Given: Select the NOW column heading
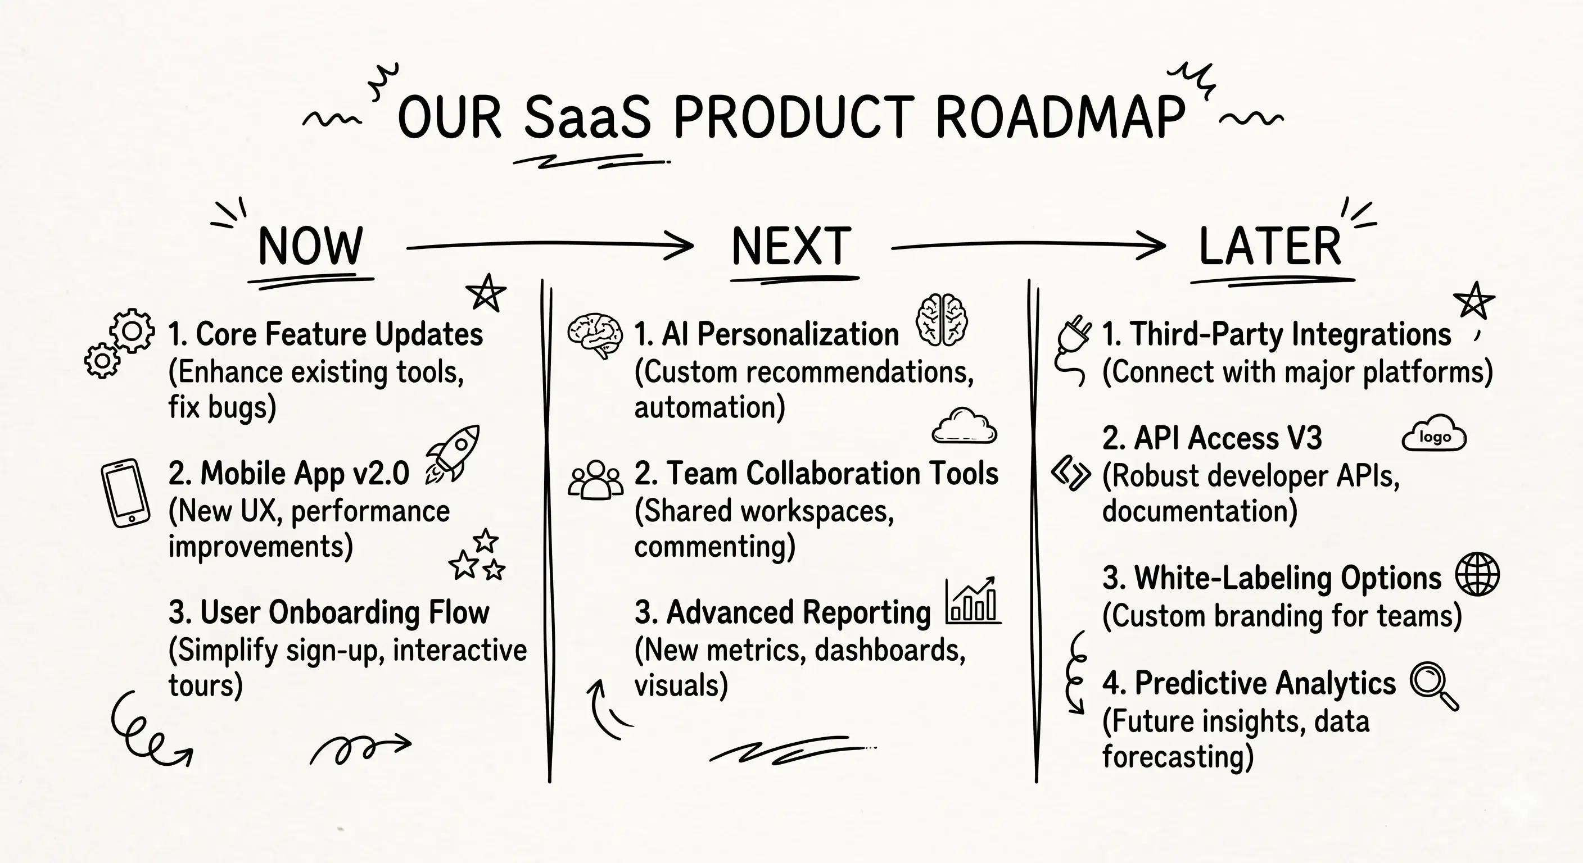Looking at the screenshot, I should coord(310,246).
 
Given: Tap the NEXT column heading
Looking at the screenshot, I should coord(791,246).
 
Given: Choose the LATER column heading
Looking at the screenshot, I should coord(1269,246).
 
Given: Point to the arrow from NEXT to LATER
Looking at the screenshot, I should coord(1028,246).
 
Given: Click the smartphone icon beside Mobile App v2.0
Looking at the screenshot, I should coord(125,493).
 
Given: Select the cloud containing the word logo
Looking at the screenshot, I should coord(1434,435).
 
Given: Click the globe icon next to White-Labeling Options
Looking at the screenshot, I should coord(1477,574).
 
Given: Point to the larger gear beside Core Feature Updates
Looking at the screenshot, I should coord(132,330).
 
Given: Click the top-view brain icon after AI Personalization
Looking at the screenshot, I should coord(942,319).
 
